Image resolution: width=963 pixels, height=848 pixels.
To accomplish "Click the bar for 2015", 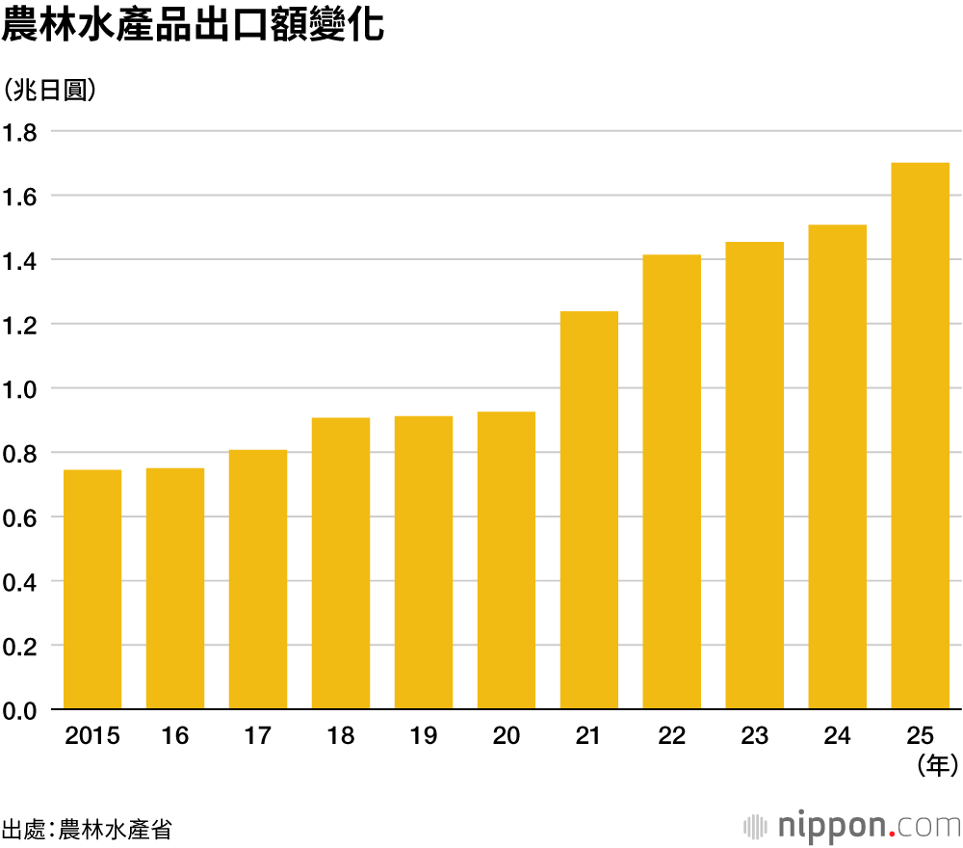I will (92, 590).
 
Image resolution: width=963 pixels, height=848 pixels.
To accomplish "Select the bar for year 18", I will (341, 564).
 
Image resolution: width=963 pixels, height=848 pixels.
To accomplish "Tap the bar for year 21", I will (589, 511).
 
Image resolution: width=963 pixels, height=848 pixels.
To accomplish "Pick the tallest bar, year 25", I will (921, 437).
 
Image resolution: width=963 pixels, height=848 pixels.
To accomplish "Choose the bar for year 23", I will (755, 476).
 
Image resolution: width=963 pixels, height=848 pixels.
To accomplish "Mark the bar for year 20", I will (507, 561).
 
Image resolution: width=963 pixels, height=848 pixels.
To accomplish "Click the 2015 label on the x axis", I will (92, 737).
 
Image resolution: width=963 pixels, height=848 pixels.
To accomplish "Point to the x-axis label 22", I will (672, 737).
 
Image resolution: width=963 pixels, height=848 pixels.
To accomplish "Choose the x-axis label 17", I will (258, 737).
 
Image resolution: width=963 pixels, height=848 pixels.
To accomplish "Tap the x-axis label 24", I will (838, 737).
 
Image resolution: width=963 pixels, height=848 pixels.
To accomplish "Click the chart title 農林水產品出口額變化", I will (194, 26).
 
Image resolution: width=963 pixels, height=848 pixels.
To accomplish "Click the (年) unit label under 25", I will (935, 766).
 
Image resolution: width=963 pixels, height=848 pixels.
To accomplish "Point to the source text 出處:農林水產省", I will (87, 829).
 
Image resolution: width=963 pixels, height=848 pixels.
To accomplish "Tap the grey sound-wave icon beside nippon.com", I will (756, 827).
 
